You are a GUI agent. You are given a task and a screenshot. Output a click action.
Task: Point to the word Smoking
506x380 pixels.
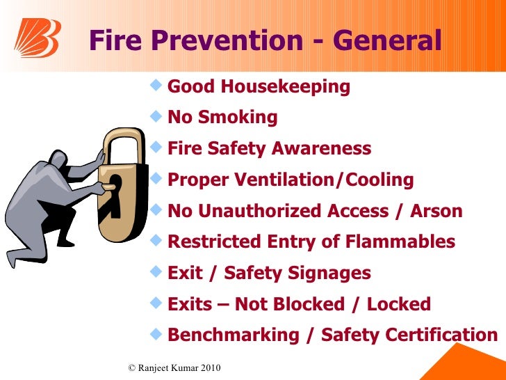[238, 118]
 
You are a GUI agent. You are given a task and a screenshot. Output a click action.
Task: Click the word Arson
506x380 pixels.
[436, 212]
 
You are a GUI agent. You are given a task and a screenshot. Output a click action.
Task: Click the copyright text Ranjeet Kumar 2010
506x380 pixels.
[174, 367]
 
